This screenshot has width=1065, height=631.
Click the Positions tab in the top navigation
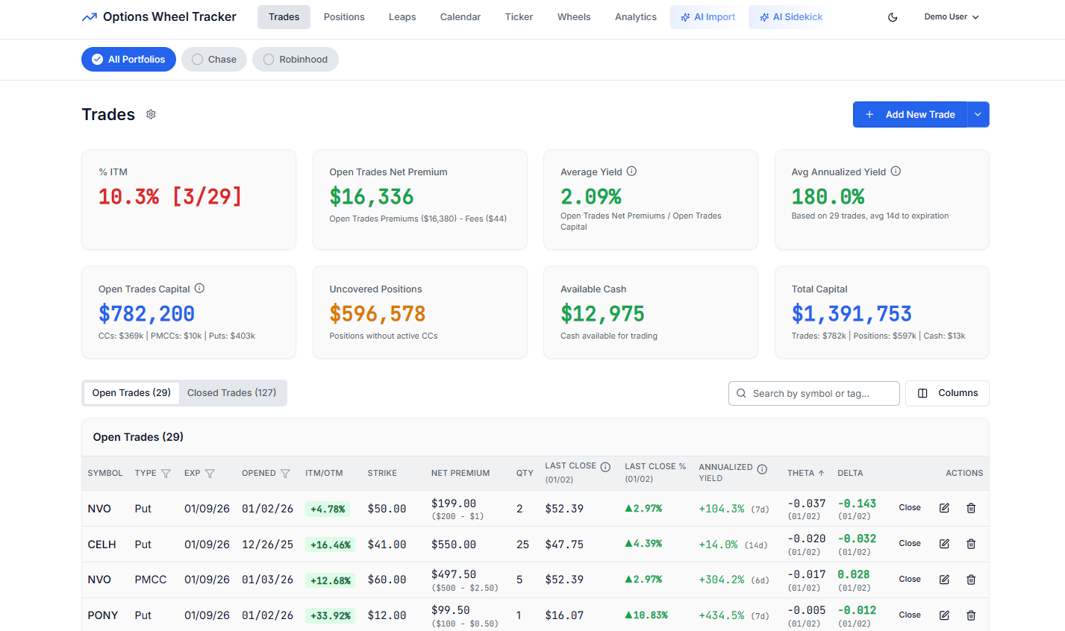click(x=344, y=17)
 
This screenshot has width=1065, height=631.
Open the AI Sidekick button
click(x=790, y=17)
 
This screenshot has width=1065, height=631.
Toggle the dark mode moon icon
click(x=893, y=17)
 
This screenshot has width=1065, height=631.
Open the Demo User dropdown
click(x=951, y=17)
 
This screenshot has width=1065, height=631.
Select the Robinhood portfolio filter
click(x=296, y=60)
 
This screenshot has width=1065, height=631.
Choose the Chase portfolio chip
click(x=213, y=60)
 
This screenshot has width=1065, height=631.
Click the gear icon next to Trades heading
click(x=151, y=114)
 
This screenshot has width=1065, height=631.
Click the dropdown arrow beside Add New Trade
click(x=978, y=115)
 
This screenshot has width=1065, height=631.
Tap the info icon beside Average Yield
click(x=631, y=172)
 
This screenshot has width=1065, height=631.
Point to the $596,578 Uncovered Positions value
click(x=378, y=314)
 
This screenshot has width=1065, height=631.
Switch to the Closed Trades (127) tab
click(x=231, y=393)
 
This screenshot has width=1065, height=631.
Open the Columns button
click(x=947, y=393)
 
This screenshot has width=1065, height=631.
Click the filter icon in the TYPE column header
click(x=166, y=474)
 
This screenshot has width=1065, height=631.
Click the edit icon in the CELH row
click(x=944, y=544)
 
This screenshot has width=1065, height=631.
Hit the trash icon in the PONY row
click(x=971, y=615)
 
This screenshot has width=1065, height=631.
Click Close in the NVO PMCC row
click(x=909, y=580)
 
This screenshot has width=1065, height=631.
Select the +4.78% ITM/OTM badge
click(x=329, y=509)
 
